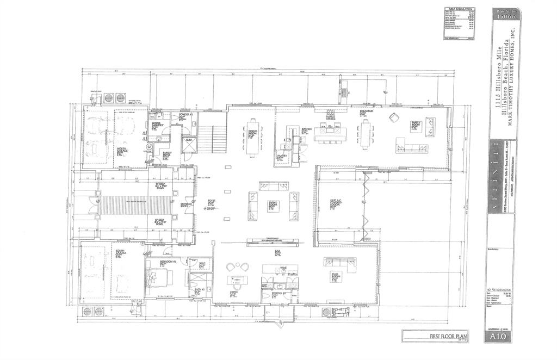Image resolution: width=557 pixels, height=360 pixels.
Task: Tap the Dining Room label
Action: click(253, 134)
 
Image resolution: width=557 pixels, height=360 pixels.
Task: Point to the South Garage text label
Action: click(120, 254)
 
